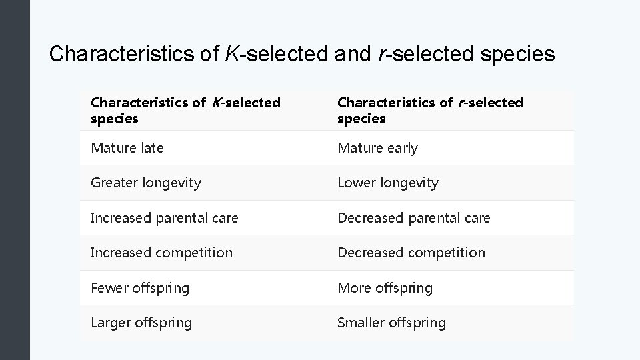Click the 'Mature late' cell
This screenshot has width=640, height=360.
[x=127, y=148]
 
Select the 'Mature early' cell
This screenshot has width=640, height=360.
[x=377, y=148]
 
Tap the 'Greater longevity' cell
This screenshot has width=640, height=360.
[x=145, y=183]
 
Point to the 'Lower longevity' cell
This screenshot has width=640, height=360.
[x=388, y=183]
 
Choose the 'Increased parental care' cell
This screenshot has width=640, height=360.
[x=164, y=218]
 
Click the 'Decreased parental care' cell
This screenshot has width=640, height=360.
[x=413, y=218]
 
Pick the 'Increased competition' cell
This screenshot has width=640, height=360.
[x=161, y=253]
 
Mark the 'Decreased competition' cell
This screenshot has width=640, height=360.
[x=411, y=253]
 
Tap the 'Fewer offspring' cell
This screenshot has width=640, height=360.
[x=140, y=288]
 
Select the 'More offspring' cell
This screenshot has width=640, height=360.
[x=385, y=288]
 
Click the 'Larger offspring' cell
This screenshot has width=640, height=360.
[x=141, y=323]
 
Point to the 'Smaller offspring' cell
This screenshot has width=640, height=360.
[x=391, y=323]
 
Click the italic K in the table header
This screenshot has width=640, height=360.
[x=215, y=103]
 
